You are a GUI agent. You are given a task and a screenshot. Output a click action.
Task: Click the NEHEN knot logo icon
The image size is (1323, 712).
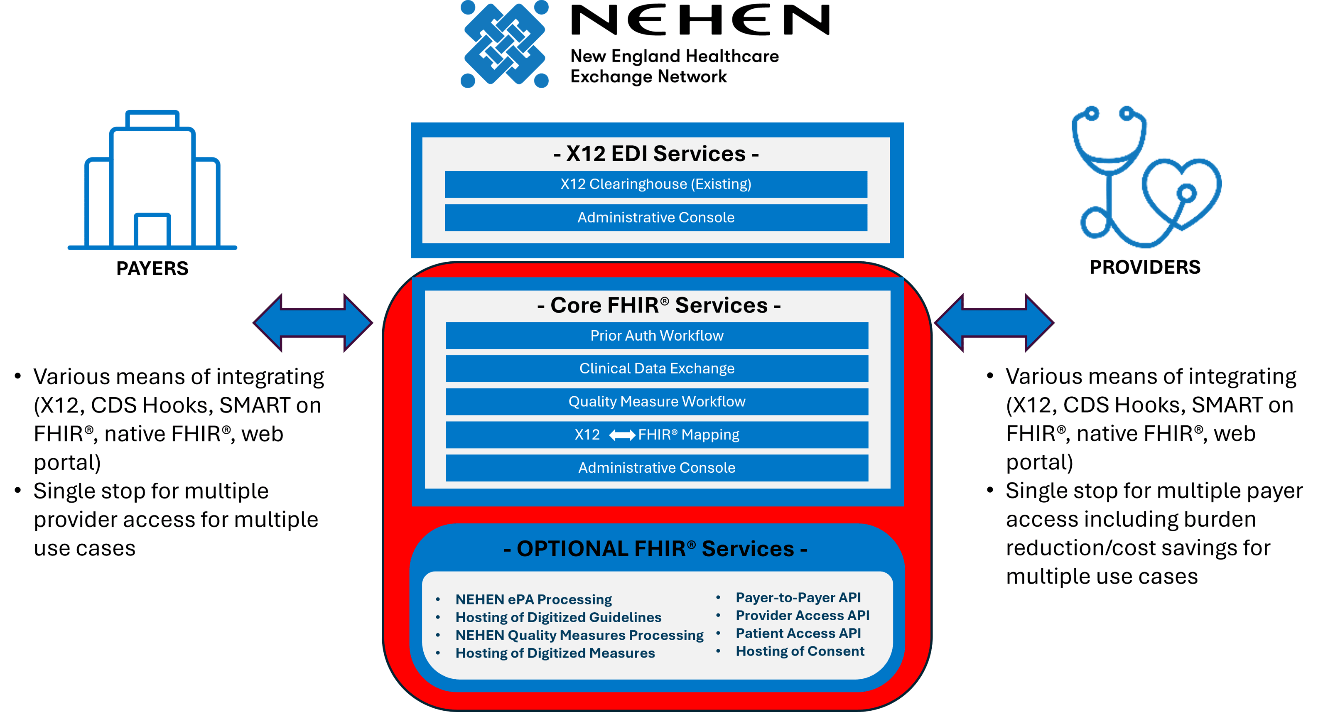pos(505,44)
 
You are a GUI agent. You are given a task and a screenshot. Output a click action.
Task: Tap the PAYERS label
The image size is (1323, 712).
pos(152,268)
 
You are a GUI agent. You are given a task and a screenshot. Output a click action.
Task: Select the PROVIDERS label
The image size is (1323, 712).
pos(1145,267)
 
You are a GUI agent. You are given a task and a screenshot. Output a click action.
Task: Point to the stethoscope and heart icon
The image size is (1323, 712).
pos(1145,177)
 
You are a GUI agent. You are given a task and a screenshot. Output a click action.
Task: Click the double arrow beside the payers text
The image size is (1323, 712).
pos(312,323)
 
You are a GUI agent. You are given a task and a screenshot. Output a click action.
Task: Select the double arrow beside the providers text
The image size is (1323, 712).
pos(994,323)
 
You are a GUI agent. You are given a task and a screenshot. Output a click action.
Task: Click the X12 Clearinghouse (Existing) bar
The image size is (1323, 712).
pos(656,184)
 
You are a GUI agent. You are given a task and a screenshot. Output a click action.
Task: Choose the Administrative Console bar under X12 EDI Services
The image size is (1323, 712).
pos(656,217)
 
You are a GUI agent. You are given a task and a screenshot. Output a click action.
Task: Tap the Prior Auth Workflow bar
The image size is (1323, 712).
pos(657,336)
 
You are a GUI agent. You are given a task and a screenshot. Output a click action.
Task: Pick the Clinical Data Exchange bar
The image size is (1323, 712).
pos(657,368)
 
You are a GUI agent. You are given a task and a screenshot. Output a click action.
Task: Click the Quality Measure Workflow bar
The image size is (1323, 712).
pos(657,401)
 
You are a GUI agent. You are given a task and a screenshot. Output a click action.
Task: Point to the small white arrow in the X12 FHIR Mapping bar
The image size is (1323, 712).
pos(622,435)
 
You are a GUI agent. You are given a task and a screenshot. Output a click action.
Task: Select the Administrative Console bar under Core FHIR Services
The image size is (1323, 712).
pos(657,467)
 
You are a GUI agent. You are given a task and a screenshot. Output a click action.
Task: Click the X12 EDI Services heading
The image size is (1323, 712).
pos(656,154)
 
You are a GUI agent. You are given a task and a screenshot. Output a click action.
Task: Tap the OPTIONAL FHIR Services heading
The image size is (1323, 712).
pos(656,549)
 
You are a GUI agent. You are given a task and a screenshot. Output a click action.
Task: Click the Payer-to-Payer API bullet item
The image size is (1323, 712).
pos(798,597)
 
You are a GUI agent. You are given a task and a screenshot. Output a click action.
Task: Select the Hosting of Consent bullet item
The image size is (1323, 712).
pos(800,651)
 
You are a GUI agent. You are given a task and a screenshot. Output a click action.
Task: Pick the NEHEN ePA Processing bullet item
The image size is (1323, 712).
pos(533,599)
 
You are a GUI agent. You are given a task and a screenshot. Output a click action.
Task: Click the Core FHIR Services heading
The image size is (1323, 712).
pos(658,305)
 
